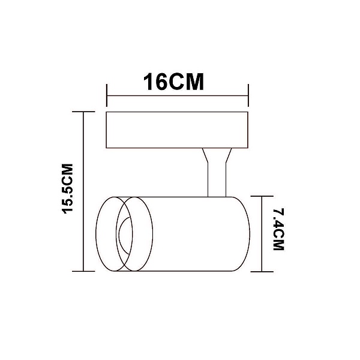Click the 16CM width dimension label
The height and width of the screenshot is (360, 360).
point(173,82)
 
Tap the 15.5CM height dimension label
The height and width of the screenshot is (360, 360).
point(68,189)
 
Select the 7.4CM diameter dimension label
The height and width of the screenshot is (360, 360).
point(279,229)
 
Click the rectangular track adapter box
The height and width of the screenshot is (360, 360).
point(177,130)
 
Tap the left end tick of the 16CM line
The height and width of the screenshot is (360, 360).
point(107,95)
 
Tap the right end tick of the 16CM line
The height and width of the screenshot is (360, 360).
point(248,95)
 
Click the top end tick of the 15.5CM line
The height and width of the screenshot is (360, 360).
point(83,112)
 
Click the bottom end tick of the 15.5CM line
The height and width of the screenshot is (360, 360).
point(83,271)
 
